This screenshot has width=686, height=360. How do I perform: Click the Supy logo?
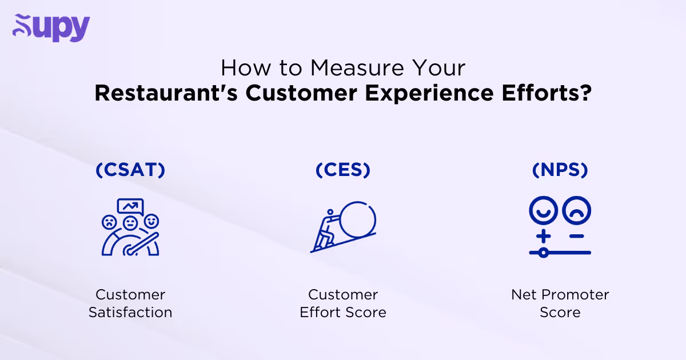coord(51,27)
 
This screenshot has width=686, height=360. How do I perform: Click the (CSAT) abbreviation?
coord(130,170)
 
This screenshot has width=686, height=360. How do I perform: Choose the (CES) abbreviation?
coord(343,170)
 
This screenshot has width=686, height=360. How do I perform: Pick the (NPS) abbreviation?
coord(560,170)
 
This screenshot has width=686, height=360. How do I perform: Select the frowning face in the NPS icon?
coord(576,211)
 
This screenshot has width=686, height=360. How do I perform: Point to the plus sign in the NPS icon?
coord(544,235)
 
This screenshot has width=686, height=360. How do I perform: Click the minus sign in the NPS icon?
coord(576,235)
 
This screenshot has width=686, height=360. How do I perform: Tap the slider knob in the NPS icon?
coord(544,251)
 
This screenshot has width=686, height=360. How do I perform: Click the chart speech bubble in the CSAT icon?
coord(130,206)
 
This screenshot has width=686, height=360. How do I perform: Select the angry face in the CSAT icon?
coord(109,221)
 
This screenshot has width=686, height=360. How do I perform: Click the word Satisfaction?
coord(130,313)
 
